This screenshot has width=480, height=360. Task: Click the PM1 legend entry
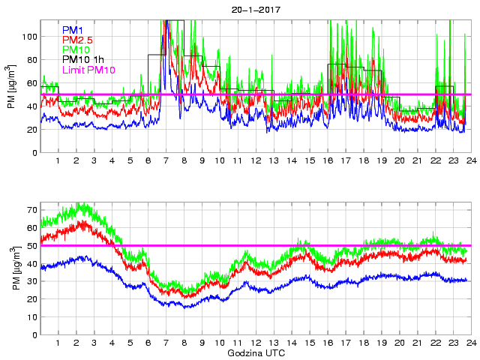point(73,30)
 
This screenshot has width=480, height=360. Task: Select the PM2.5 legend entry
point(78,40)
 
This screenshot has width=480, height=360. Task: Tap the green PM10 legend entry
point(76,49)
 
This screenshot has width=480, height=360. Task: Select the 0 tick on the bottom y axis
point(34,334)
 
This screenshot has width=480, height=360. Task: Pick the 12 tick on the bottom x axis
point(255,343)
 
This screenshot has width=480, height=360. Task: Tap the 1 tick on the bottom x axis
point(58,343)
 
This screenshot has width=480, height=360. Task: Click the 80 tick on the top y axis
point(32,59)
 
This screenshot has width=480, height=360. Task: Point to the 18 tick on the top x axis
point(363,161)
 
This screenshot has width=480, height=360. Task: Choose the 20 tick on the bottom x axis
point(399,343)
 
